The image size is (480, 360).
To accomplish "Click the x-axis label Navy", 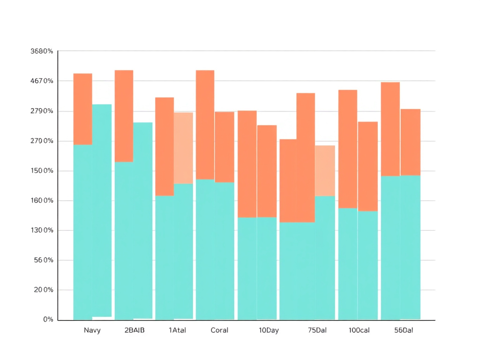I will (x=92, y=330).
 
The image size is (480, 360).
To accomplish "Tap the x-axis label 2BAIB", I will (x=135, y=330).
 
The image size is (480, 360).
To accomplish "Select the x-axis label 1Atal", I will (x=177, y=330).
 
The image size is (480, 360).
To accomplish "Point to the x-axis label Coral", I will (x=219, y=330).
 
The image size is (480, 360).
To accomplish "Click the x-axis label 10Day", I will (x=269, y=330).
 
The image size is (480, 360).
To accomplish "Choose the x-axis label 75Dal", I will (x=317, y=330).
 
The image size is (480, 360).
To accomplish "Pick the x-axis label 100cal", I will (x=359, y=330).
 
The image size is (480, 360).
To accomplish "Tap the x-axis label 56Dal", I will (x=403, y=330).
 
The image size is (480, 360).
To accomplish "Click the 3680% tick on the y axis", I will (x=42, y=51).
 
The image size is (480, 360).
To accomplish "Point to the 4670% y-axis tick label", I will (x=42, y=81).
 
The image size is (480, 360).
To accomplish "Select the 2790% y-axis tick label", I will (x=42, y=111).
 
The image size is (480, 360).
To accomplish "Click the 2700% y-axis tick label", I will (x=42, y=141).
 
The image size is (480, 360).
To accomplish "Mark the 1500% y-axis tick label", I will (x=42, y=171).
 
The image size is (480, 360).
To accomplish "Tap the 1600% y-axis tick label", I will (x=42, y=201).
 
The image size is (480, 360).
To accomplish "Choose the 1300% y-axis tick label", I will (x=42, y=230).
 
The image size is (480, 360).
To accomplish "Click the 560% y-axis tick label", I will (x=43, y=260).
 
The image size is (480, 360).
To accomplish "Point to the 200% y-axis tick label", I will (x=43, y=290).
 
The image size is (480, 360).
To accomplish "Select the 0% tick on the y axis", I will (x=48, y=320).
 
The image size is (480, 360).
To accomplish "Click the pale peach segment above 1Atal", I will (x=183, y=148).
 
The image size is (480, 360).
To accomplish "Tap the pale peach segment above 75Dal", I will (x=325, y=171).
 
